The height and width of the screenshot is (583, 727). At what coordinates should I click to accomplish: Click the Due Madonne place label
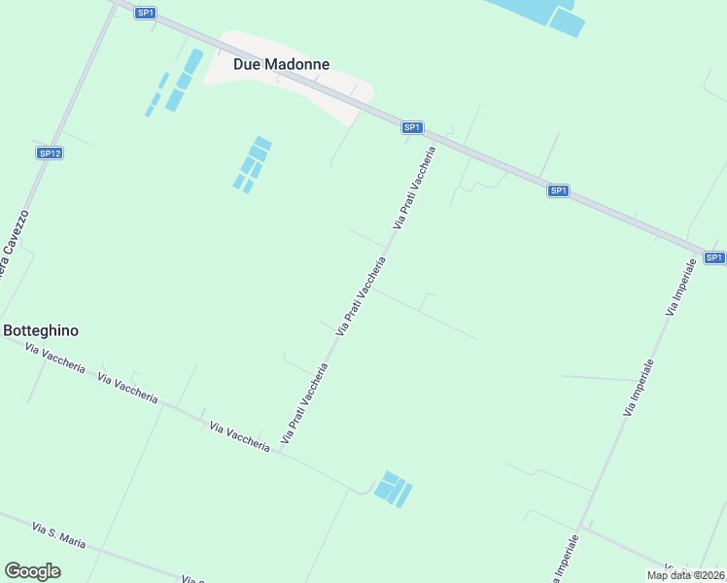(281, 64)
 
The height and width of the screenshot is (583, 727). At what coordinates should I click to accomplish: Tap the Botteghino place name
(41, 330)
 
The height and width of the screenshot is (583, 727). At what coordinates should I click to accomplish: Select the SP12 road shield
(50, 154)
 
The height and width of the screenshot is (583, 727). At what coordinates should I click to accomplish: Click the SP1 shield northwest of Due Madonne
(145, 13)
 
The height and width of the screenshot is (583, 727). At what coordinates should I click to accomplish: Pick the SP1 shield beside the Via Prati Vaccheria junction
(412, 127)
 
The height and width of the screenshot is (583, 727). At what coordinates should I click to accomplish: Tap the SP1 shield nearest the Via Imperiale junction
(714, 257)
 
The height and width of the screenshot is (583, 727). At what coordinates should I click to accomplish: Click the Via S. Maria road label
(59, 535)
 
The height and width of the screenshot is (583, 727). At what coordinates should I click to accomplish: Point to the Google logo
(32, 571)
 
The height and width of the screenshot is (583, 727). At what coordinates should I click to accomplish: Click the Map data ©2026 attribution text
(685, 575)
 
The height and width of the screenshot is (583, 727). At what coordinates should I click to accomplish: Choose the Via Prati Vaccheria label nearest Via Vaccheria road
(304, 404)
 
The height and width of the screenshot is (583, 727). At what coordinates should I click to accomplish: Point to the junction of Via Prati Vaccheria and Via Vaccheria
(280, 453)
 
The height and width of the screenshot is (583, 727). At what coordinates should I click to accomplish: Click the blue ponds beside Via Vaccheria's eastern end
(393, 489)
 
